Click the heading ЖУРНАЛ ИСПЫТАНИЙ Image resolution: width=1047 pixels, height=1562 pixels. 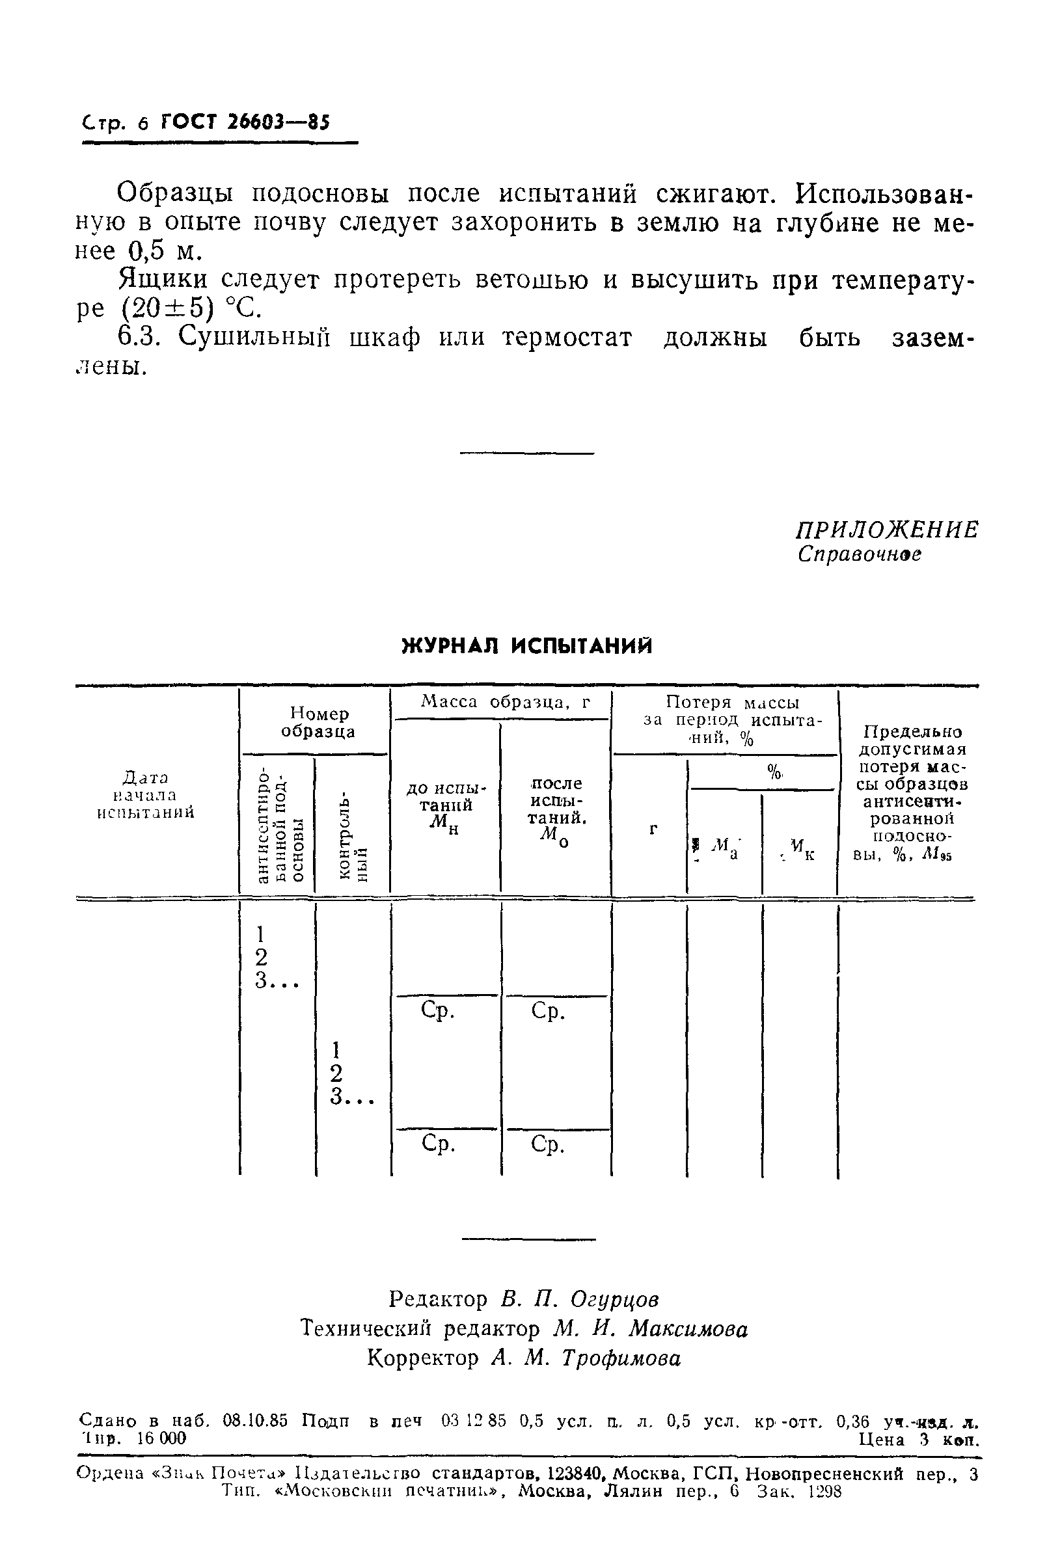527,646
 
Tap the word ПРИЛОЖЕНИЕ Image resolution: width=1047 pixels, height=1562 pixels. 888,530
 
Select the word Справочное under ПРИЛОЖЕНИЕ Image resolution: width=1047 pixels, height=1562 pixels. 860,555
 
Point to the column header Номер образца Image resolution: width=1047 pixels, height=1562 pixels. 318,722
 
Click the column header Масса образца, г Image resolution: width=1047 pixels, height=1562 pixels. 506,701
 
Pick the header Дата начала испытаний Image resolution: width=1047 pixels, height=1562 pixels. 146,795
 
